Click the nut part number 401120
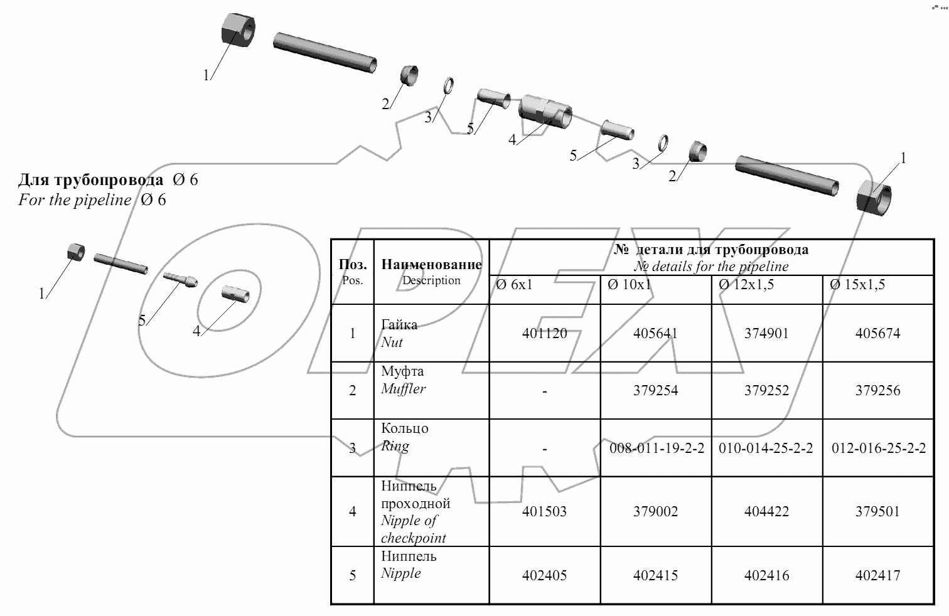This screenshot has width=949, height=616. (x=544, y=334)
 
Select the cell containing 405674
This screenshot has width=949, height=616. (x=877, y=334)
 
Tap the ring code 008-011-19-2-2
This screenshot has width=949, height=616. (x=656, y=449)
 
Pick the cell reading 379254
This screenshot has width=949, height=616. (x=656, y=391)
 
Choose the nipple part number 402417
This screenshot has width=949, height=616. (x=877, y=575)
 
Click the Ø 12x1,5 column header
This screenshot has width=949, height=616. (x=746, y=285)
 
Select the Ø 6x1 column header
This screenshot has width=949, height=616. (x=514, y=285)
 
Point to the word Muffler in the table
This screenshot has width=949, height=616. (x=403, y=389)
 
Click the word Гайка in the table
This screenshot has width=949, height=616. (x=399, y=325)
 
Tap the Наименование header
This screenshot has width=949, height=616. (x=431, y=264)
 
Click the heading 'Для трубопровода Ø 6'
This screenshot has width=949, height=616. (x=108, y=180)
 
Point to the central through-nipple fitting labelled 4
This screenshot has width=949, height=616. (x=545, y=112)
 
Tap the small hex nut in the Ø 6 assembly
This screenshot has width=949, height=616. (x=75, y=252)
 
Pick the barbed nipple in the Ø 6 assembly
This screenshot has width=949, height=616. (x=180, y=279)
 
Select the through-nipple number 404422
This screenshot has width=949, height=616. (x=766, y=511)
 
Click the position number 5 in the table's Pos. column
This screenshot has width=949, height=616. (x=352, y=575)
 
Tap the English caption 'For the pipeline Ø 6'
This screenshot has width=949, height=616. (x=92, y=200)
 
